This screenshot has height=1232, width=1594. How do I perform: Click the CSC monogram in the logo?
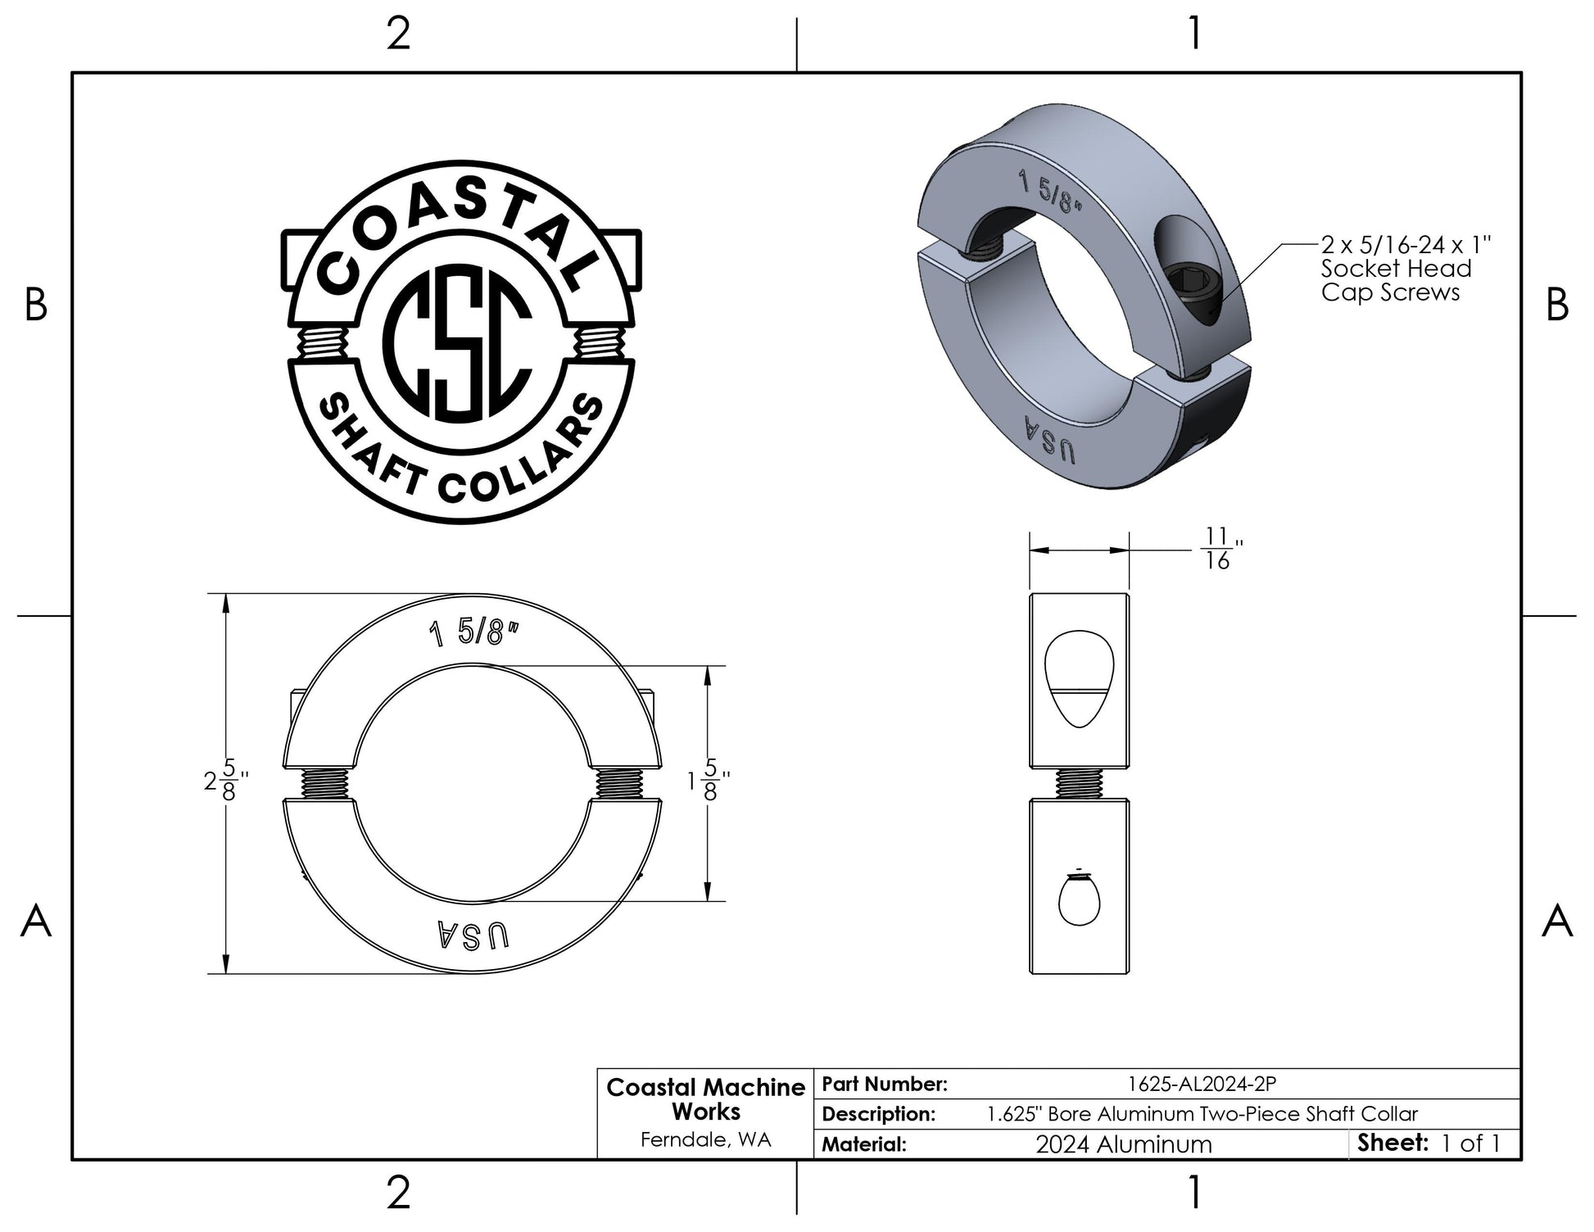coord(460,342)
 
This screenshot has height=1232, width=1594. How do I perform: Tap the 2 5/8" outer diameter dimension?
coord(226,783)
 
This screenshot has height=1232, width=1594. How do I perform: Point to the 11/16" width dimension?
coord(1216,549)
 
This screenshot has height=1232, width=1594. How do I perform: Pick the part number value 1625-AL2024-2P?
coord(1202,1084)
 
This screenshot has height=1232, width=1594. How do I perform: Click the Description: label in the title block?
coord(878,1114)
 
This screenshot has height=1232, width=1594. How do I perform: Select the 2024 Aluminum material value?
coord(1124,1144)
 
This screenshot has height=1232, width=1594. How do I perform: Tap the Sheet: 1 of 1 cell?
coord(1429,1143)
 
